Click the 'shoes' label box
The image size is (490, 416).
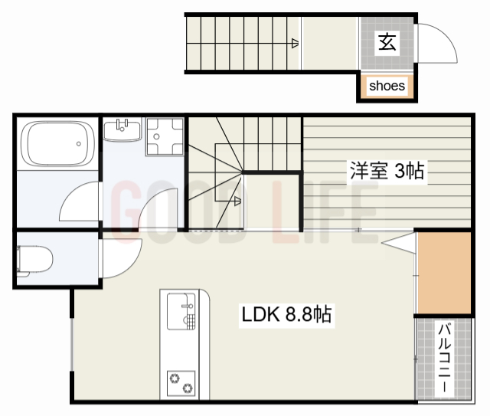point(387,86)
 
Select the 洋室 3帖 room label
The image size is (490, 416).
point(387,170)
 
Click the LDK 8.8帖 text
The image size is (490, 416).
point(286,314)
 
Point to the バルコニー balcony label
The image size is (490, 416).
point(443,358)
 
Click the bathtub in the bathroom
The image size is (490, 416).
point(57,144)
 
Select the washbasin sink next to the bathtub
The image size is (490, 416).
point(121,129)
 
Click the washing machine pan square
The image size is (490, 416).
point(165,136)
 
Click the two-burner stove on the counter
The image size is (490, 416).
point(182,380)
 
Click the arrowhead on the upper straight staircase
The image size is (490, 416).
point(295,44)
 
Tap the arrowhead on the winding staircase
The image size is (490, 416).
point(238,202)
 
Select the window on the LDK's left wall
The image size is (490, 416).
point(73,344)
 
